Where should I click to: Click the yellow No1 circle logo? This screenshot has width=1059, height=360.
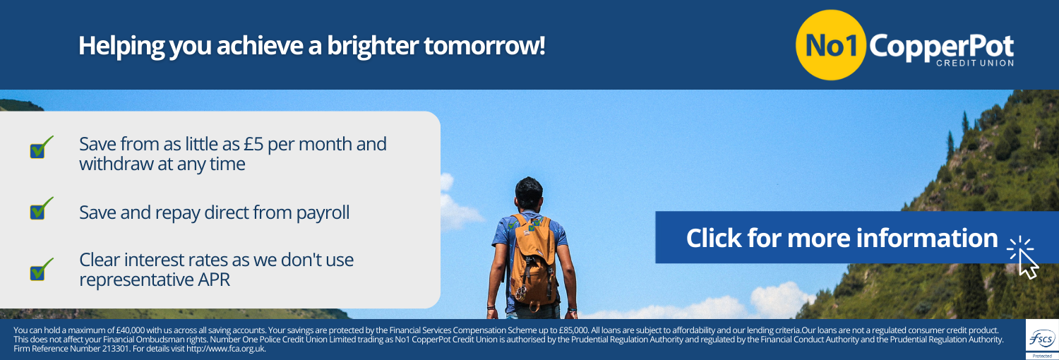click(x=831, y=45)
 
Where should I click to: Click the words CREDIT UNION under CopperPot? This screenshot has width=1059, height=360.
click(x=975, y=64)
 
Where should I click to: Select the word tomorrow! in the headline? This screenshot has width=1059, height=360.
click(x=484, y=46)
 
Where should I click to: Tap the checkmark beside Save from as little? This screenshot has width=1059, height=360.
click(x=41, y=147)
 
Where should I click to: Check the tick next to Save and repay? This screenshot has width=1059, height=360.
click(x=41, y=208)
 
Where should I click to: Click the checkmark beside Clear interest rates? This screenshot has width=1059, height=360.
click(x=41, y=269)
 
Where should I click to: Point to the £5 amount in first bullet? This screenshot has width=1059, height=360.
click(x=253, y=144)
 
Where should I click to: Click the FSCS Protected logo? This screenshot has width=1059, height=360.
click(x=1042, y=340)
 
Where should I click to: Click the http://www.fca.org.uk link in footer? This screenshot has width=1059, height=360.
click(x=226, y=349)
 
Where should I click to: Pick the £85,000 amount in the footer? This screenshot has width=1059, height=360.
click(x=573, y=330)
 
